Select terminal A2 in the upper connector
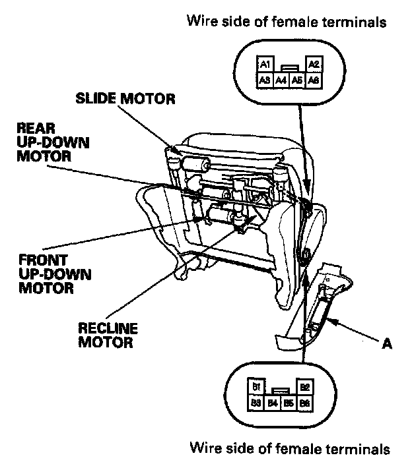pos(314,64)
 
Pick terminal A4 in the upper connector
pos(281,79)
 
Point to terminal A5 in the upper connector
pos(298,79)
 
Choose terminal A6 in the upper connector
pos(314,79)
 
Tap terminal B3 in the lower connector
pos(256,402)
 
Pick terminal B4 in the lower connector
pos(272,402)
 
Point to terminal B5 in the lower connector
pos(289,402)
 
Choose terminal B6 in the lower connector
pos(304,402)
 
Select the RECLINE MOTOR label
pos(106,336)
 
